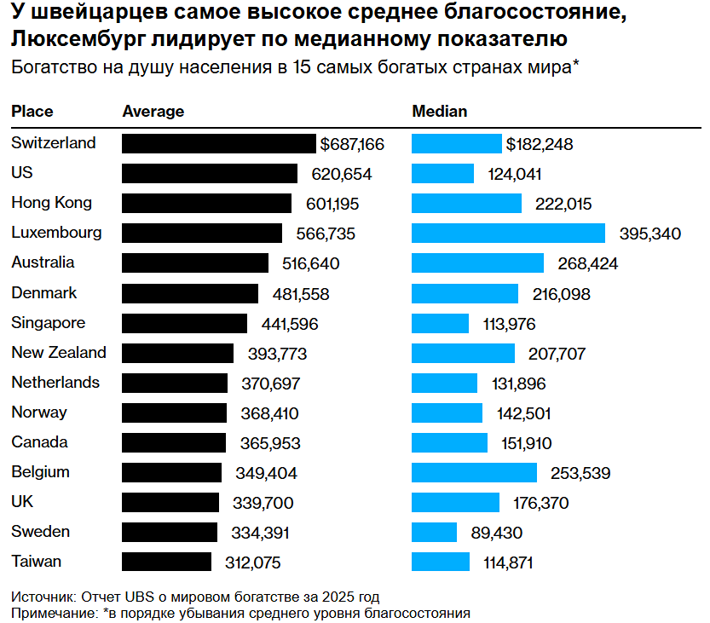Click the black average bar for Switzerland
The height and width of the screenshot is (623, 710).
218,144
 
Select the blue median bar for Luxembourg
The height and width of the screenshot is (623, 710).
508,234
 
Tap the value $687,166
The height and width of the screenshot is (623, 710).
352,144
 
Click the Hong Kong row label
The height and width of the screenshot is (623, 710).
51,203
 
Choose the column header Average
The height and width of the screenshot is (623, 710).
153,112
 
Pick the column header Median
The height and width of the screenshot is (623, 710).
440,112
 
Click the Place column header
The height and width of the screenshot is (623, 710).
32,112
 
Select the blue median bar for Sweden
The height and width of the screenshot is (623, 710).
434,533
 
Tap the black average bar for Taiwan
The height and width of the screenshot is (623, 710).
166,562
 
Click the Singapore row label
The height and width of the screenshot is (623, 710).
48,323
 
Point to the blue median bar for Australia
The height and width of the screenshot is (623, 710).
477,263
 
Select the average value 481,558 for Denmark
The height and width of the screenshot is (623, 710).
297,294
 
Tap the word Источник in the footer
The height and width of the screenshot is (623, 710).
43,596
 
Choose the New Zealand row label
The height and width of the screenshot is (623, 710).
59,353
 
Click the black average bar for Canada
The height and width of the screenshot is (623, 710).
174,443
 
